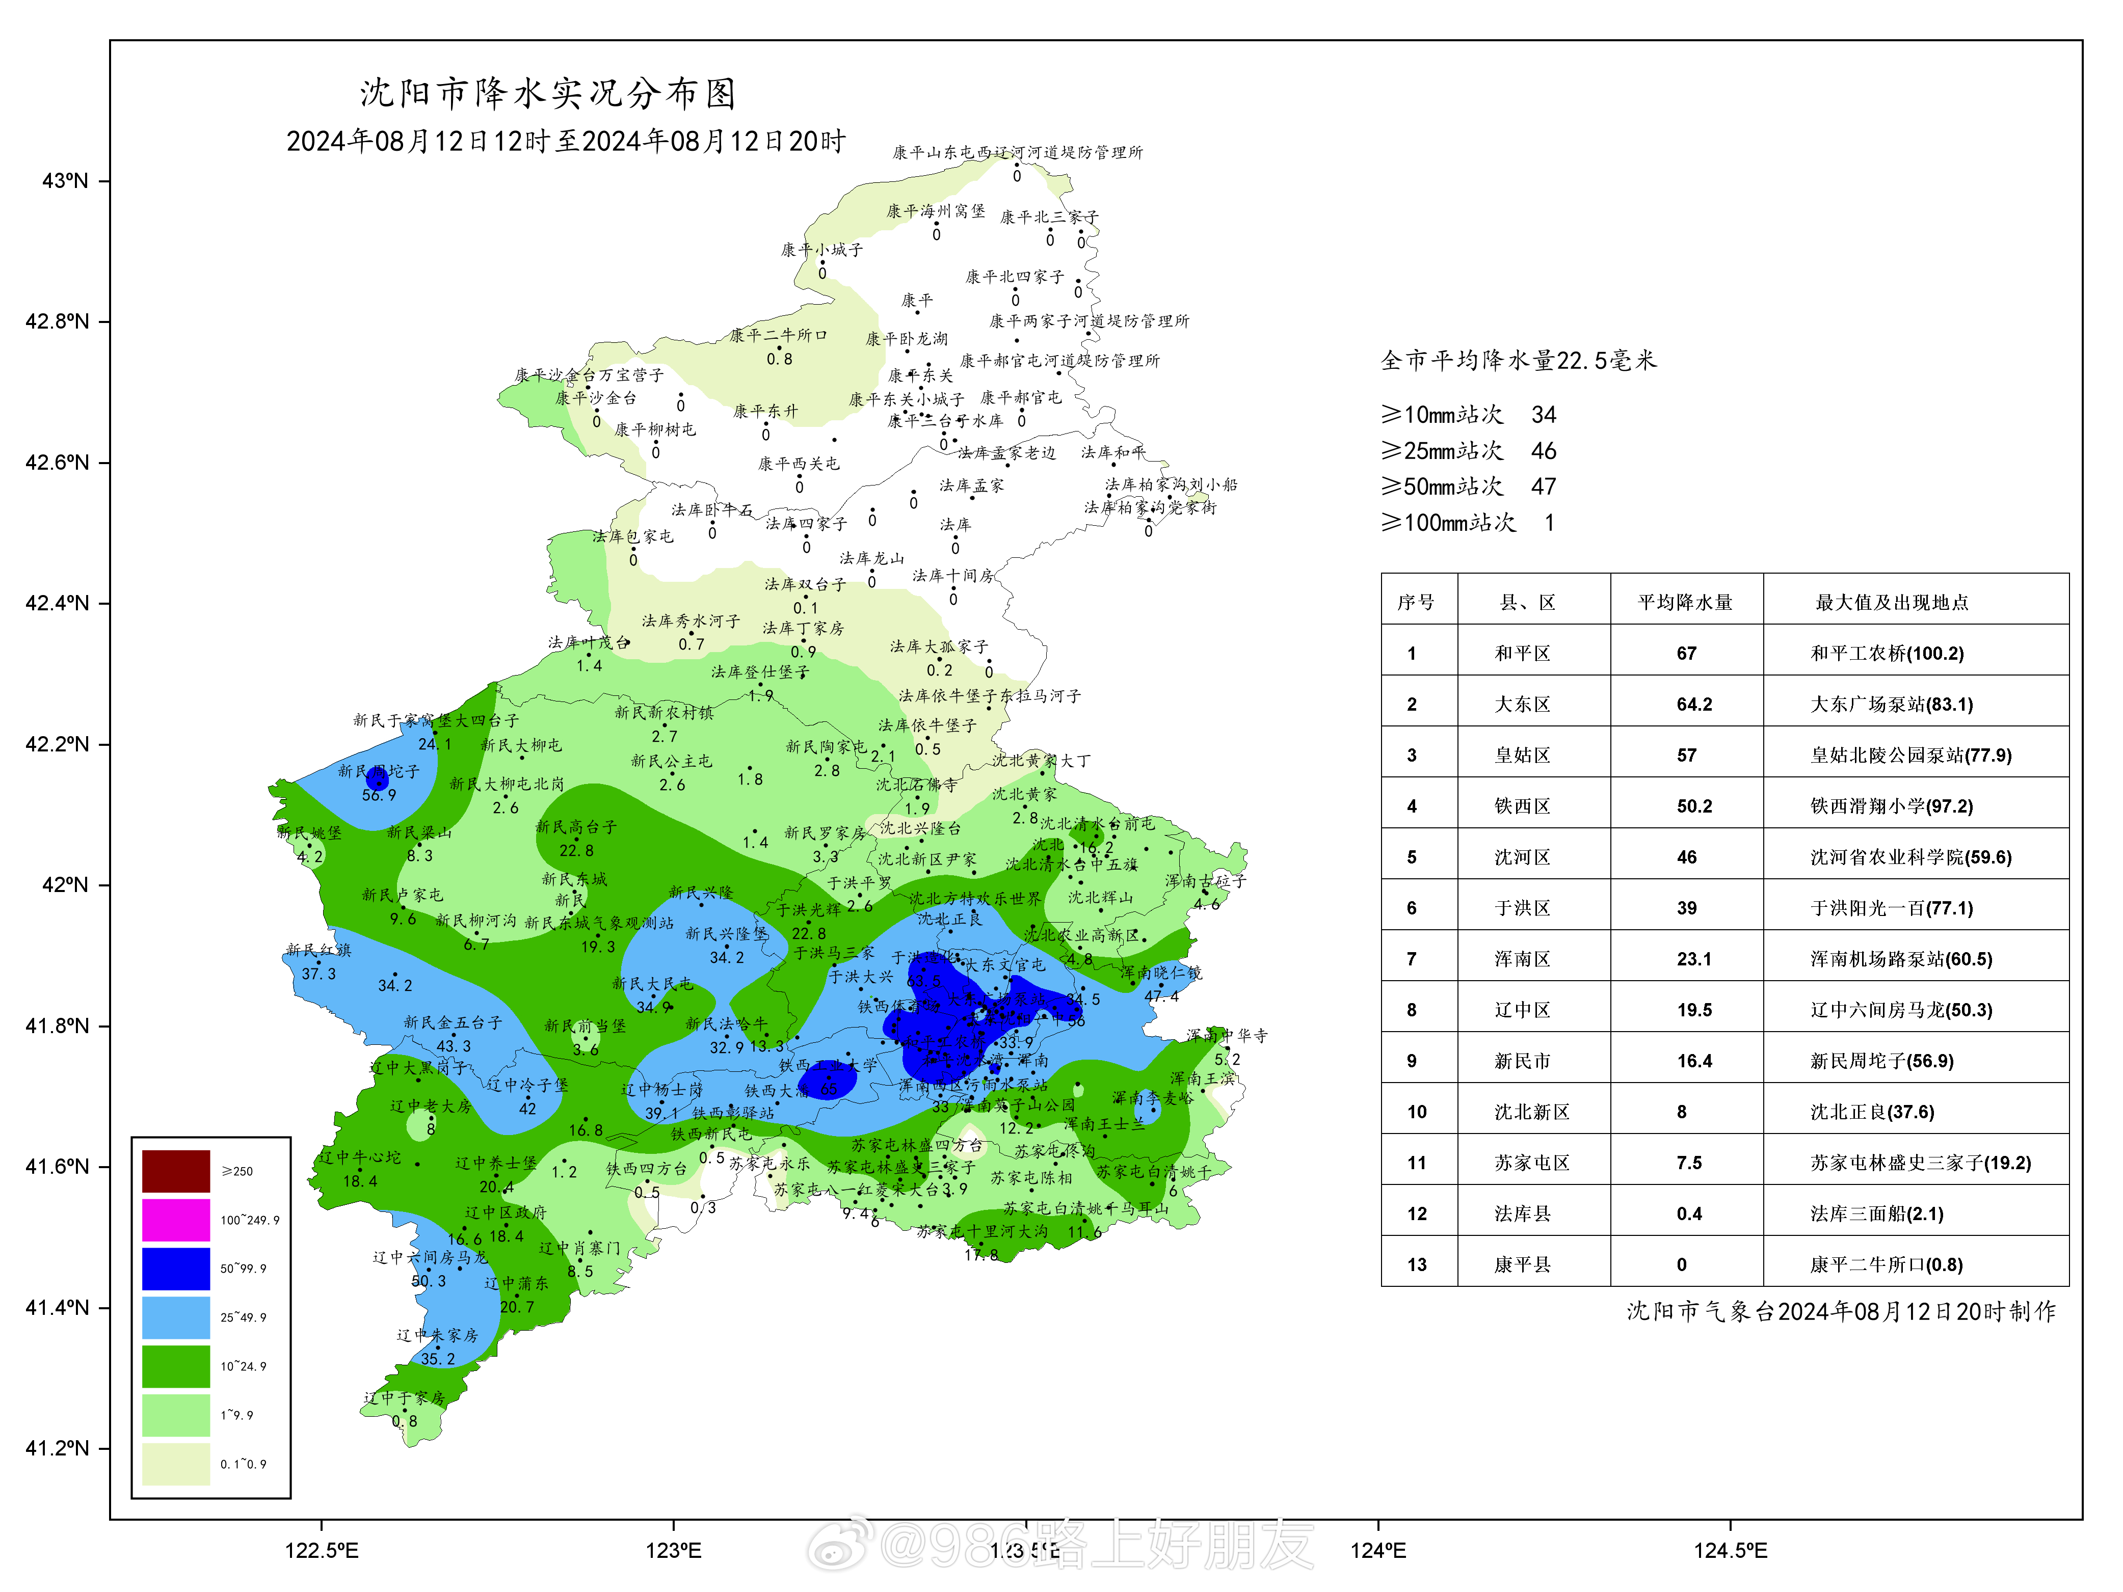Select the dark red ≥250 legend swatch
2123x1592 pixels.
[x=176, y=1171]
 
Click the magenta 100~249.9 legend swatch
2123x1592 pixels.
[x=176, y=1220]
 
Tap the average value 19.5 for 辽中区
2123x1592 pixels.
[x=1694, y=1010]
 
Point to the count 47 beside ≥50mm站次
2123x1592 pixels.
[x=1543, y=487]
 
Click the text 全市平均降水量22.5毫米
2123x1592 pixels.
[x=1518, y=361]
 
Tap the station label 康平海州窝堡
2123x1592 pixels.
[x=935, y=211]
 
